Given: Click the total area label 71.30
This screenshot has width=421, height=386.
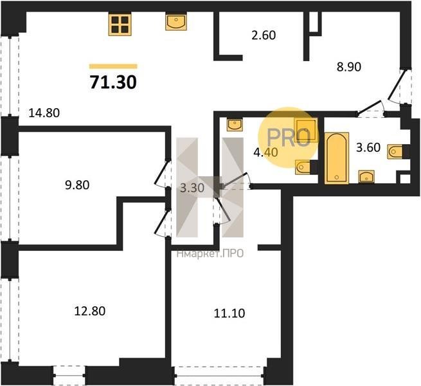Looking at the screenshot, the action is tap(113, 82).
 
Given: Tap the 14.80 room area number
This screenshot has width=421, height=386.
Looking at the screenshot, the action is tap(44, 113).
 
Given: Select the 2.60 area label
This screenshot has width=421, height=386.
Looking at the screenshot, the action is tap(264, 35).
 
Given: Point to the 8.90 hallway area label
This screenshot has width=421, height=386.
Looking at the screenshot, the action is tap(349, 67).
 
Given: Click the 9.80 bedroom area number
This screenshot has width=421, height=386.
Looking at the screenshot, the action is tap(77, 185).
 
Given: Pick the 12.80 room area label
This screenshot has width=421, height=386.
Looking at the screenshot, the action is tap(90, 311).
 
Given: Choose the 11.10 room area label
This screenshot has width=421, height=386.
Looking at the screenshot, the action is tap(229, 313).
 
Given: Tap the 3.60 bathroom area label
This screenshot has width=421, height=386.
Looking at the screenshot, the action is tap(368, 147).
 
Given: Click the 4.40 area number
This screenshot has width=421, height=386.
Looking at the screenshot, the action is tap(265, 152).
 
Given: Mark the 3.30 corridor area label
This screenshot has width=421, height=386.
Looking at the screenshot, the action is tap(192, 188).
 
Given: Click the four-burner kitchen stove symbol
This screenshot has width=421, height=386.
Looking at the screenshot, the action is tap(120, 24).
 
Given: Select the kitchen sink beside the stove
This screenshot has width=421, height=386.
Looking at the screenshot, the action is tap(176, 22).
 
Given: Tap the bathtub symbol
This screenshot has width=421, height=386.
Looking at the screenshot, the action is tap(337, 158).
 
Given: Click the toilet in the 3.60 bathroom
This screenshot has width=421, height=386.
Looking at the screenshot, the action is tap(395, 152).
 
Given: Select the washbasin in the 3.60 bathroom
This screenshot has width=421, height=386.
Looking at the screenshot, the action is tap(366, 177).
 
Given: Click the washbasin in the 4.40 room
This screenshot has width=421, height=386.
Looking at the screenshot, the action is tap(235, 124).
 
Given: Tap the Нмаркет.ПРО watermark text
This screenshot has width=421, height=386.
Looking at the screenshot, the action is tap(210, 253).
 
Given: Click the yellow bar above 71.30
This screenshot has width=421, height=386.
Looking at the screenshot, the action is tap(113, 66).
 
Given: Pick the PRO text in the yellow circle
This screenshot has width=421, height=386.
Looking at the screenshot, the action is tap(289, 138).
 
